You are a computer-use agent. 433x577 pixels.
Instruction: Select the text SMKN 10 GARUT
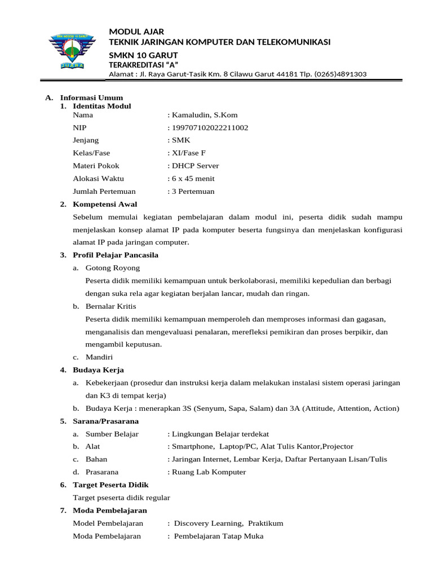143,55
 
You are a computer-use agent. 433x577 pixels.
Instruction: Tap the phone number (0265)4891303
340,74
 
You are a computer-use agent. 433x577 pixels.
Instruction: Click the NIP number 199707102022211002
209,128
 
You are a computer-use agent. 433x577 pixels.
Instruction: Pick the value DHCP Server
194,166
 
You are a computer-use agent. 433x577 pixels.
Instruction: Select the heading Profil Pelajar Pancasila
116,255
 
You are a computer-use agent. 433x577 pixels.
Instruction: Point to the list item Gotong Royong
113,268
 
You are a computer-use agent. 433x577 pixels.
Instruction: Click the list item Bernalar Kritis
111,306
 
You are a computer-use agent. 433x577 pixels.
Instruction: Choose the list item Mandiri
99,357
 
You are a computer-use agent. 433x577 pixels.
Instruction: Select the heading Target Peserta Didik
111,485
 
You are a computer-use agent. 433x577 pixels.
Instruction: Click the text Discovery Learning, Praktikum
228,523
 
